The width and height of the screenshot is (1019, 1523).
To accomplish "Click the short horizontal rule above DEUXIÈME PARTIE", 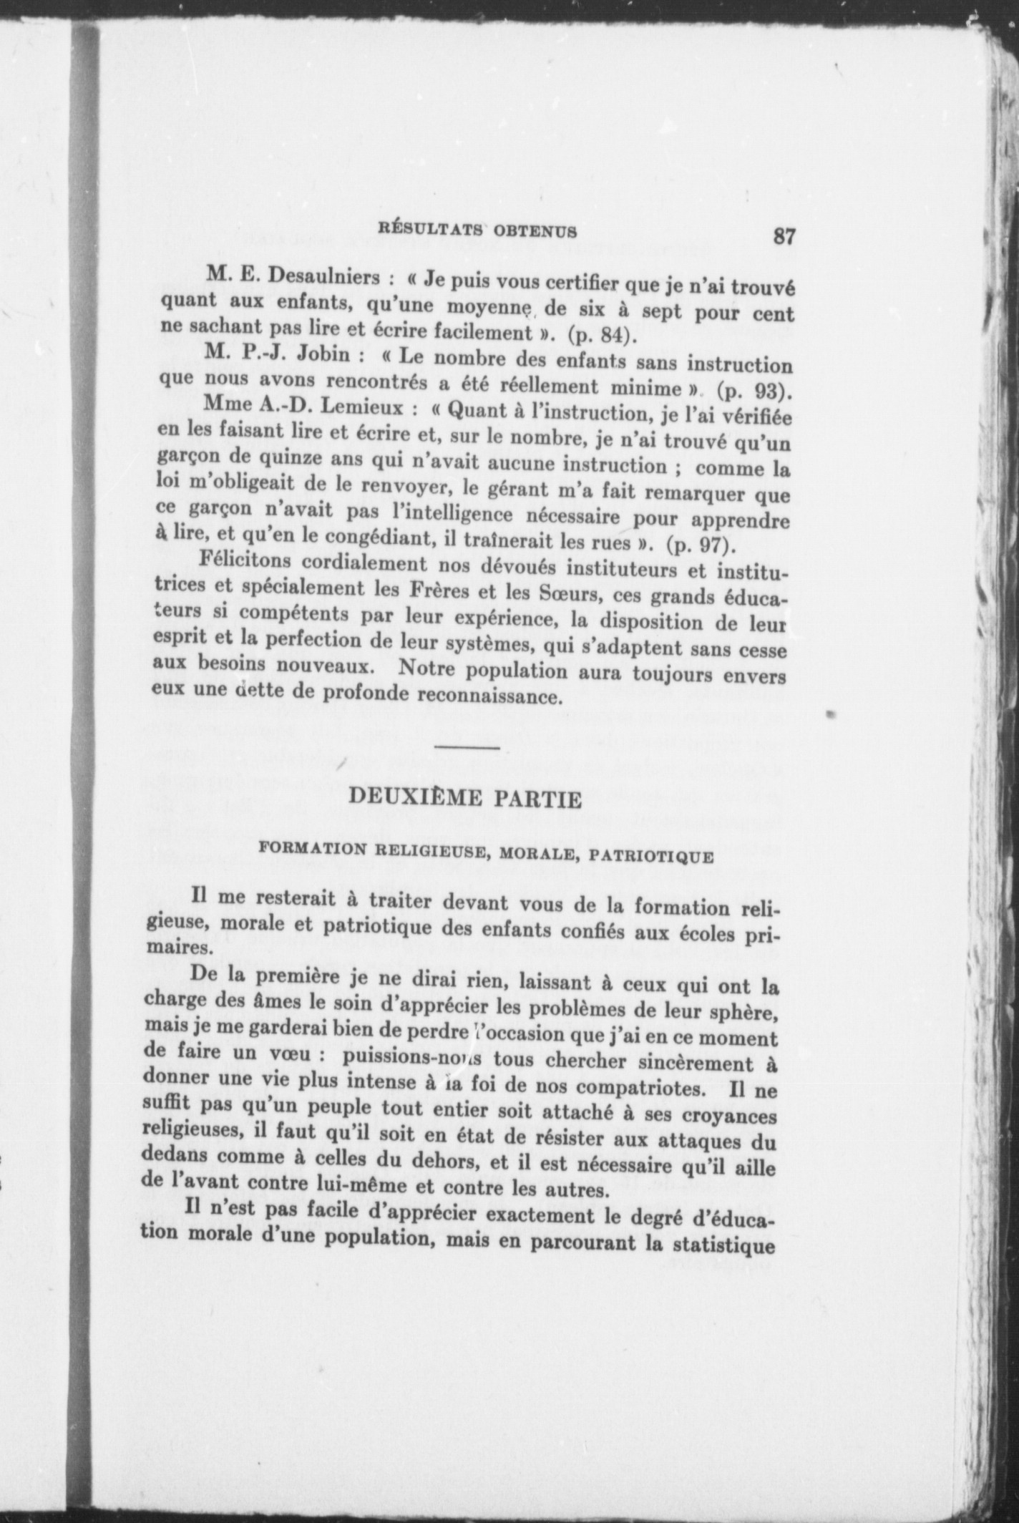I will pyautogui.click(x=467, y=748).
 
